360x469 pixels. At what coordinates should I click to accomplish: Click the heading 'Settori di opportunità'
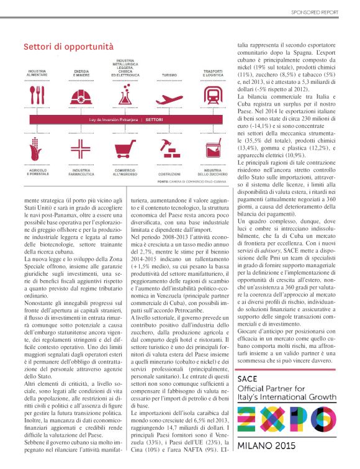tap(68, 47)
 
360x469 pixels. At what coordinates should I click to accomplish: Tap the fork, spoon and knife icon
tap(37, 95)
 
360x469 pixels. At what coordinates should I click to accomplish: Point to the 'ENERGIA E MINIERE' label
tap(81, 73)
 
